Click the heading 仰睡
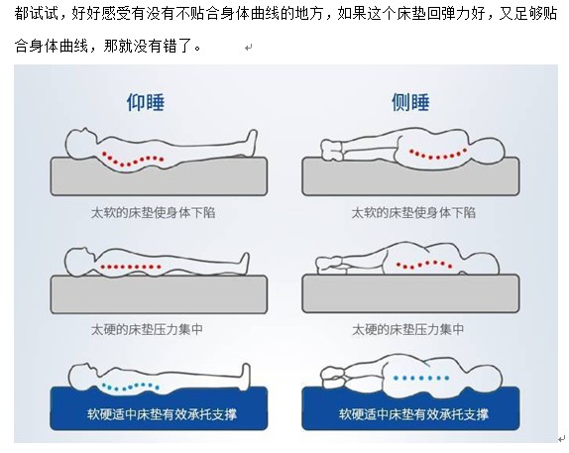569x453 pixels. click(x=146, y=102)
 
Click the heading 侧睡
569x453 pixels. click(x=410, y=102)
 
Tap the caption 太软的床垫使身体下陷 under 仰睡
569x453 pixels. click(x=153, y=213)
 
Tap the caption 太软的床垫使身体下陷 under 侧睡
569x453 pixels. click(x=413, y=213)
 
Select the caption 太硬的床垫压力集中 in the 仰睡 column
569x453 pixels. click(x=147, y=329)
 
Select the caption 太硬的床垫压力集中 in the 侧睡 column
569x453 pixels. click(x=407, y=329)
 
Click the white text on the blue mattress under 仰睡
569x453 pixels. click(x=162, y=414)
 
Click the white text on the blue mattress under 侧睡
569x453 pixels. click(x=413, y=414)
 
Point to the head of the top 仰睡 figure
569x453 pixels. click(x=81, y=144)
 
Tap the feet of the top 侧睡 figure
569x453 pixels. click(x=332, y=151)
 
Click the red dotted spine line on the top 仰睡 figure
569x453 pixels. click(x=133, y=160)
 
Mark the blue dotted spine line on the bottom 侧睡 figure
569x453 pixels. click(x=421, y=378)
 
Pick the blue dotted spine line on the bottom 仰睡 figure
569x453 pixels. click(x=131, y=387)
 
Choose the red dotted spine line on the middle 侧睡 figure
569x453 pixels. click(x=424, y=265)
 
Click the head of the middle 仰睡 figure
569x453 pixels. click(x=80, y=262)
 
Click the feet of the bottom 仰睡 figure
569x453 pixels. click(x=245, y=375)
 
